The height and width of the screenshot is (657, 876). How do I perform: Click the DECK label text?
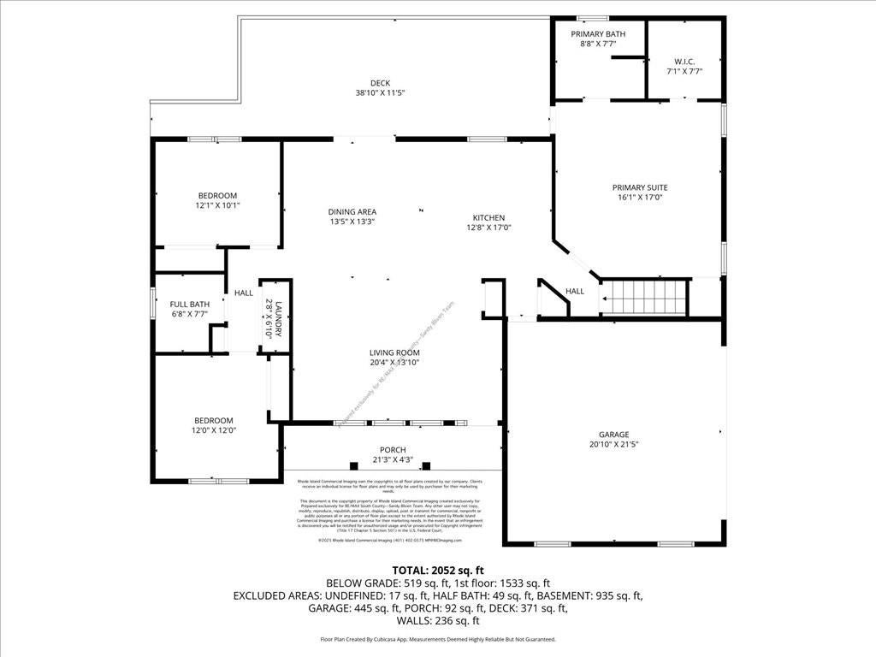tap(380, 83)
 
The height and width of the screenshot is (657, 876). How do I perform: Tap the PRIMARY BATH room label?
tap(598, 34)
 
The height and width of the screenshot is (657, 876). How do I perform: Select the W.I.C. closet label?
tap(684, 61)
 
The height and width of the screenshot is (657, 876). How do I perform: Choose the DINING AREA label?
tap(352, 211)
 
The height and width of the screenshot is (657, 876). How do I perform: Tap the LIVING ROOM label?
tap(394, 352)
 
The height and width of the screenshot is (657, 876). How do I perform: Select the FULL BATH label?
tap(189, 304)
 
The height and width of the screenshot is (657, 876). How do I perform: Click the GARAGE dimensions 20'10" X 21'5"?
tap(614, 444)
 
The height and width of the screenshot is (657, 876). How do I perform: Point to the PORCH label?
tap(393, 450)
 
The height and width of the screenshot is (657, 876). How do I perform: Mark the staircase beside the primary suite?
tap(646, 298)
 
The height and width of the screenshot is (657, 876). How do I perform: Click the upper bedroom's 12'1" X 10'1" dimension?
tap(217, 205)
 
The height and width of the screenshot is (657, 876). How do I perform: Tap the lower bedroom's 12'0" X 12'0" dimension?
tap(213, 431)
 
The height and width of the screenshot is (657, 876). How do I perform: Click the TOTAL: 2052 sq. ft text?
tap(438, 570)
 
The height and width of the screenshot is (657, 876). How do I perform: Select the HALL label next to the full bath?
tap(244, 293)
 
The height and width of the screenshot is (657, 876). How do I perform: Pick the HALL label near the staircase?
tap(575, 291)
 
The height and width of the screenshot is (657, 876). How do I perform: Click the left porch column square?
tap(353, 465)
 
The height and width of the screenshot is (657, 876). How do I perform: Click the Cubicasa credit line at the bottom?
tap(438, 639)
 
